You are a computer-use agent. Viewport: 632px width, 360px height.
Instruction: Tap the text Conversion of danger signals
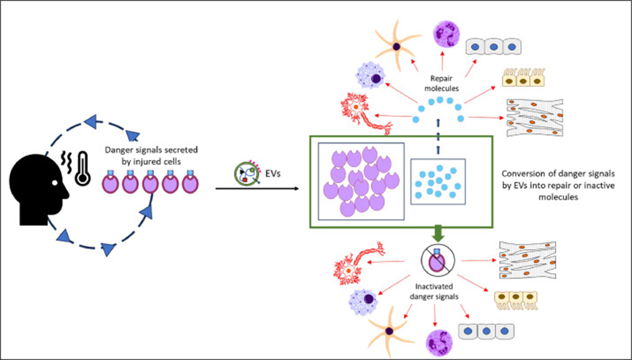pos(557,175)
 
